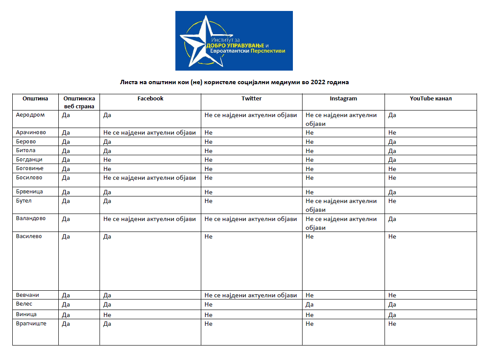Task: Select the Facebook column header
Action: (150, 99)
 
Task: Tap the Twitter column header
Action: (252, 99)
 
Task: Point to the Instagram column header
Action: (343, 99)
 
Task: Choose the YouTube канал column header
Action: (431, 99)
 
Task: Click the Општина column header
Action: (35, 99)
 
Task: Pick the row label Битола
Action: (26, 150)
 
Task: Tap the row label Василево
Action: (29, 236)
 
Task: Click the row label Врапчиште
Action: (31, 324)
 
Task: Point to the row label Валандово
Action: (31, 218)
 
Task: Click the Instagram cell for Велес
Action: (310, 304)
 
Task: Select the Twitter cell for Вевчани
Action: (251, 295)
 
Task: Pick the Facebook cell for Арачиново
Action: (150, 132)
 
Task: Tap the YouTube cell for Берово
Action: (392, 142)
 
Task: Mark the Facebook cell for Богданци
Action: (107, 160)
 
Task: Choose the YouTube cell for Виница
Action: (392, 315)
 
